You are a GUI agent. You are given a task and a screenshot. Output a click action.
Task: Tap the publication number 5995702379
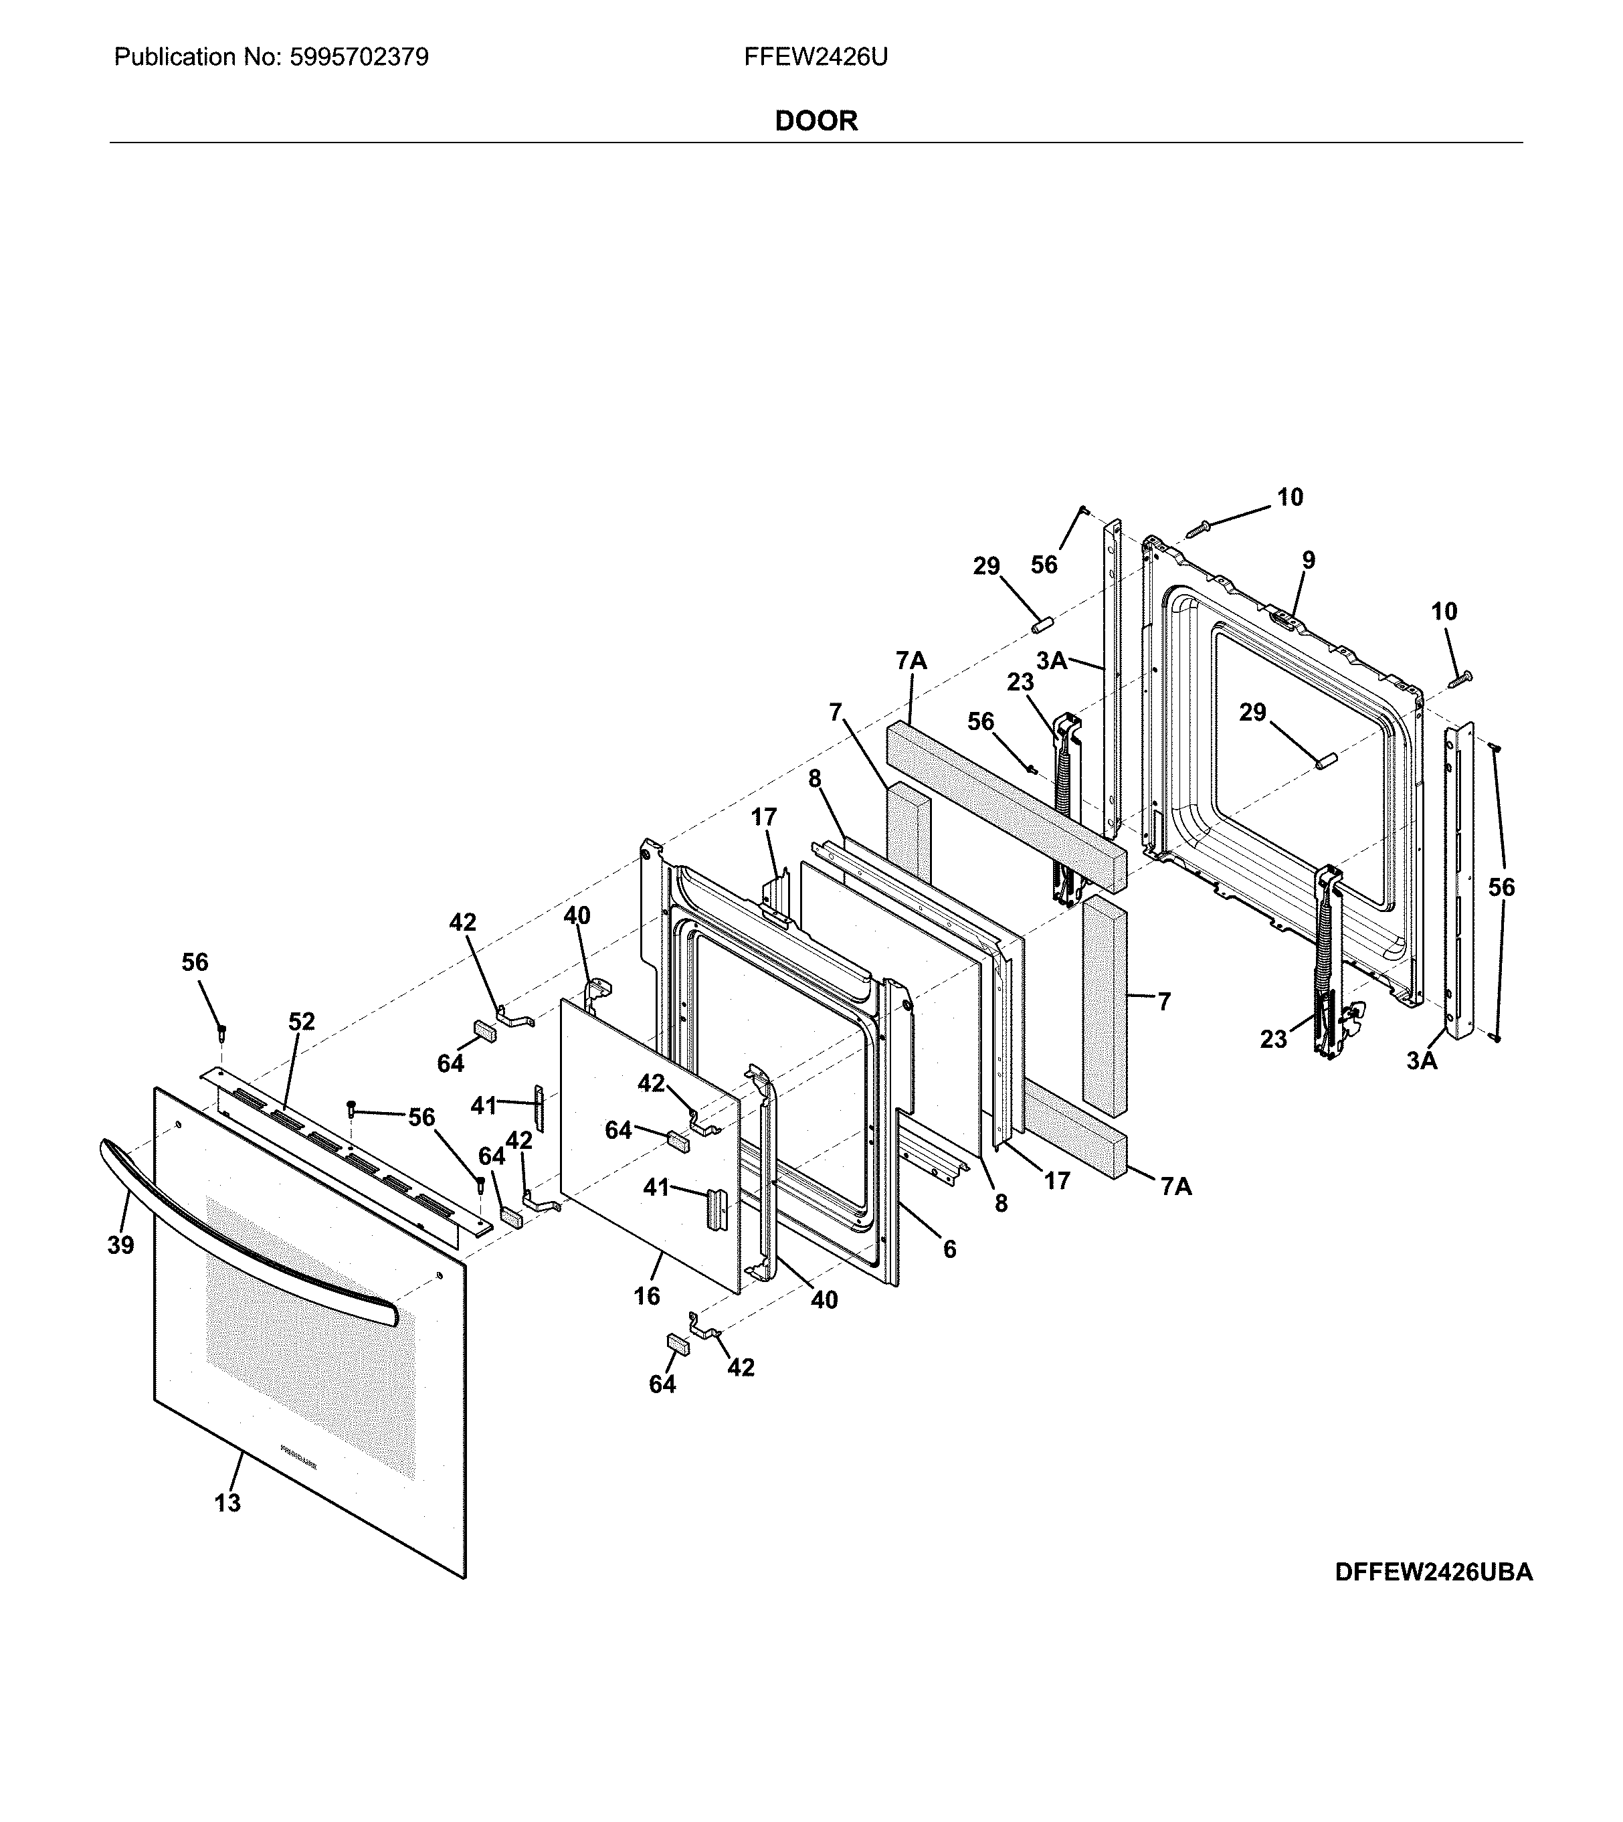(359, 58)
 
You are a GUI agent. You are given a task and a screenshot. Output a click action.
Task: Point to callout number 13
(227, 1503)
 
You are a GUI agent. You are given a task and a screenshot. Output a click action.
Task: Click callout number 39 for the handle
(120, 1245)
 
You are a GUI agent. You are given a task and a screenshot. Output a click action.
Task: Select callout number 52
(302, 1021)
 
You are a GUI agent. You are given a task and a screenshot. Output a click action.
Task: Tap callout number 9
(1307, 560)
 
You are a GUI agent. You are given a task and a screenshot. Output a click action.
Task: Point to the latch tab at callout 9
(1281, 617)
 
